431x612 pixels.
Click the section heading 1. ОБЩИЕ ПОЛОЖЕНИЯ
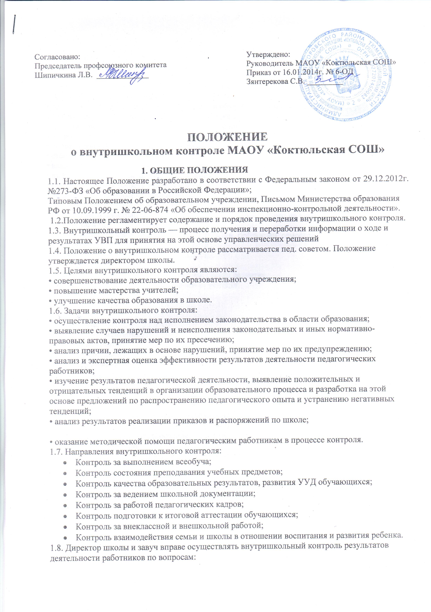[195, 170]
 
